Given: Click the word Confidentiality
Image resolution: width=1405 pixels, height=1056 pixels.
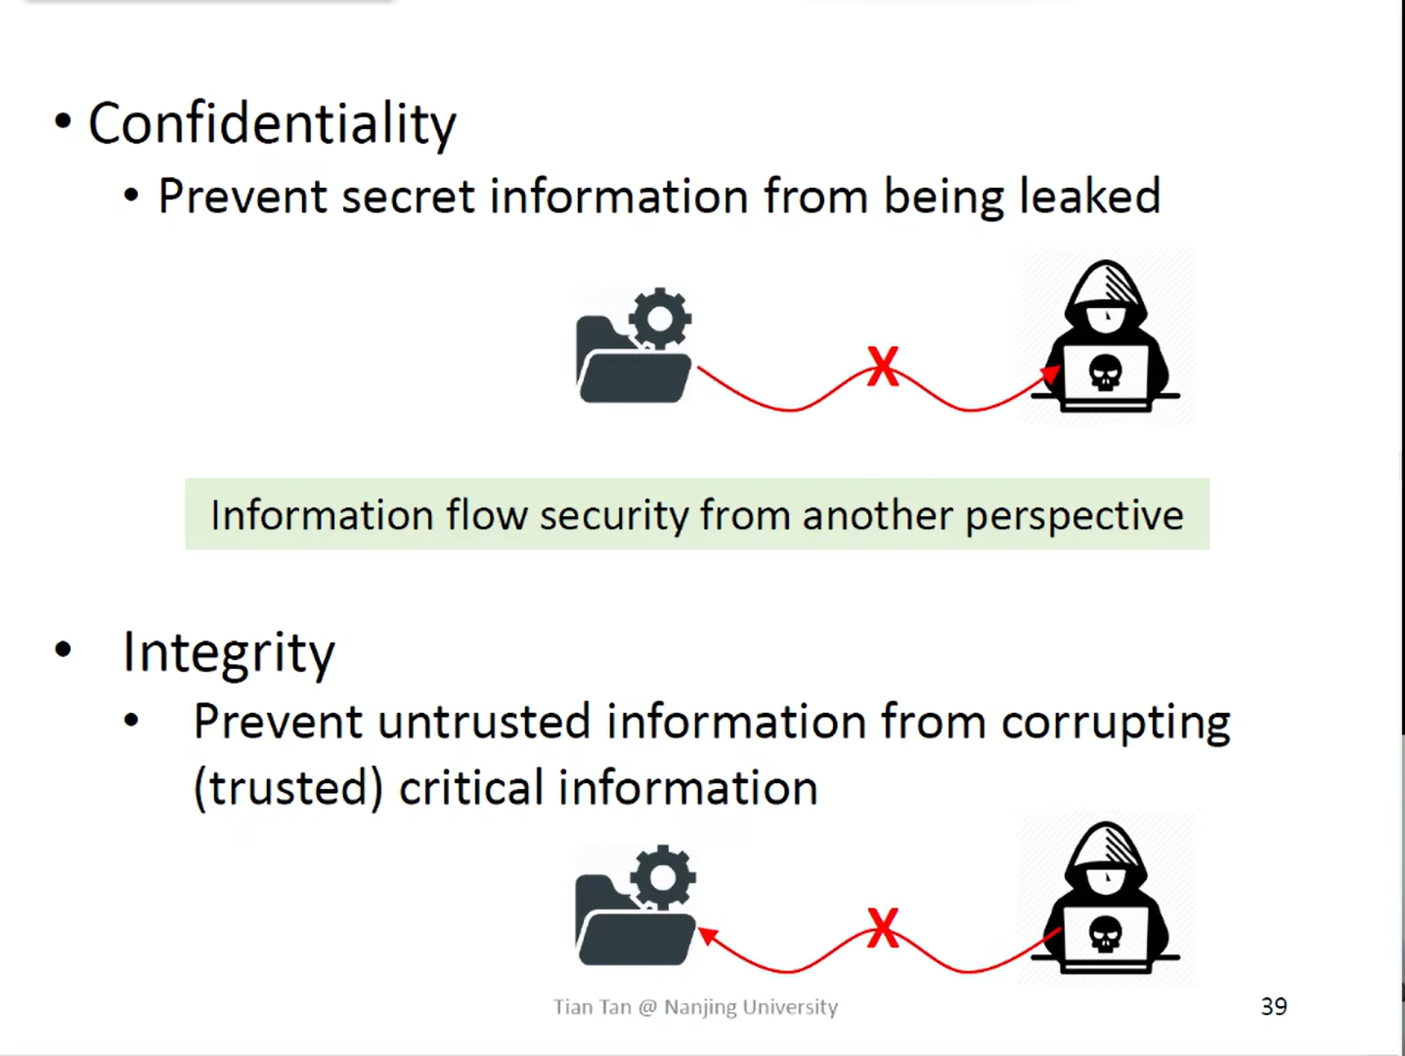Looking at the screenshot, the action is [272, 124].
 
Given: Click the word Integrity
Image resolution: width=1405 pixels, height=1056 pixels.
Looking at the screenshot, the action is [228, 653].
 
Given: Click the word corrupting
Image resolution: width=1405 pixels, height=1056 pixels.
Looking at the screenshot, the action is [1115, 724].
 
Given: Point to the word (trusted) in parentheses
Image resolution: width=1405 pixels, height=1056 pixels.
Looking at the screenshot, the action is [287, 788].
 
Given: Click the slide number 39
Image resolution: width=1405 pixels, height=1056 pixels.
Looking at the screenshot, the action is [1273, 1006].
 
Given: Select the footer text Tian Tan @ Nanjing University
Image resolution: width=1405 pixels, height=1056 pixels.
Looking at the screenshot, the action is [695, 1007].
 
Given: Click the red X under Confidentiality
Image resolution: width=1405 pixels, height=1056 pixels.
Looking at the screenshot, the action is [882, 367].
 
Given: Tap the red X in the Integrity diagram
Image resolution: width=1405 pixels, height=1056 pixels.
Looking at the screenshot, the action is [882, 928].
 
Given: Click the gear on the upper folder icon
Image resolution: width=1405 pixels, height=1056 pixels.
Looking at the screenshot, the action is [661, 318].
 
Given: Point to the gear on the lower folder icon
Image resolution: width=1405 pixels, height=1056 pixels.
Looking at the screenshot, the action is [664, 875].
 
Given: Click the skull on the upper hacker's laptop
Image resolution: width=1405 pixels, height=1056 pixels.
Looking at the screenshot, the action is [1105, 373].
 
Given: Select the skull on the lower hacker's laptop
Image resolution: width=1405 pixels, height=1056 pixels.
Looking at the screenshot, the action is [1105, 935].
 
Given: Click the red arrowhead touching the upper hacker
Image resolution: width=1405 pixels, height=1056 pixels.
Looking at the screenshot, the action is [1050, 374].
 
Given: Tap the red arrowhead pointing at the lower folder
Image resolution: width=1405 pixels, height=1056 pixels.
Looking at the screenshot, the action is [708, 936].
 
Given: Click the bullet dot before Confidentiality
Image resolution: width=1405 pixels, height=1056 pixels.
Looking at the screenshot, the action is [64, 123].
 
